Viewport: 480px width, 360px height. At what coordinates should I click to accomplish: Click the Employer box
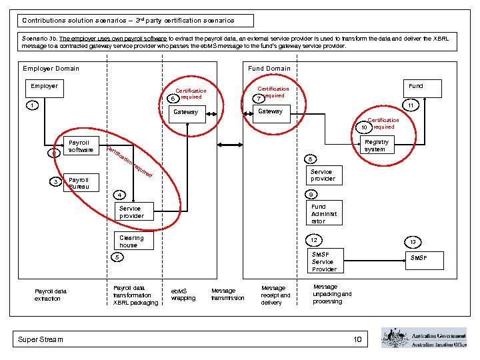[x=45, y=86]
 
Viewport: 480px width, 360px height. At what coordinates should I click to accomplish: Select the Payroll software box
[x=81, y=146]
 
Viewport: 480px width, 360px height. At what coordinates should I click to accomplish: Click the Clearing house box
[x=131, y=241]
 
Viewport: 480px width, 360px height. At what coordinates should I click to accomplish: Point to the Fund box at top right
[x=415, y=86]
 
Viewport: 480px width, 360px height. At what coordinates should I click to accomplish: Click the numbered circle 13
[x=413, y=242]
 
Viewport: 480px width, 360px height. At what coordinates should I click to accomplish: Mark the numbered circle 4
[x=118, y=195]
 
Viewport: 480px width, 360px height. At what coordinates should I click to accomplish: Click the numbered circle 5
[x=117, y=257]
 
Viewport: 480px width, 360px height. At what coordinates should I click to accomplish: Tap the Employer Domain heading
[x=51, y=69]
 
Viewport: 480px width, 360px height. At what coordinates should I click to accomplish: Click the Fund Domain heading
[x=269, y=69]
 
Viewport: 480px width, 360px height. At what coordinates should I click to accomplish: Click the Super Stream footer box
[x=41, y=339]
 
